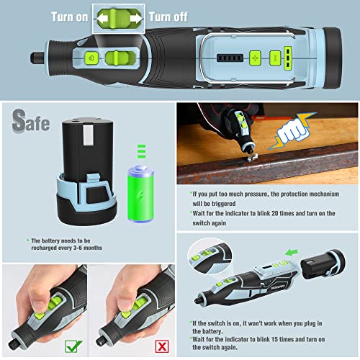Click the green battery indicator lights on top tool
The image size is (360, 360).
287,56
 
